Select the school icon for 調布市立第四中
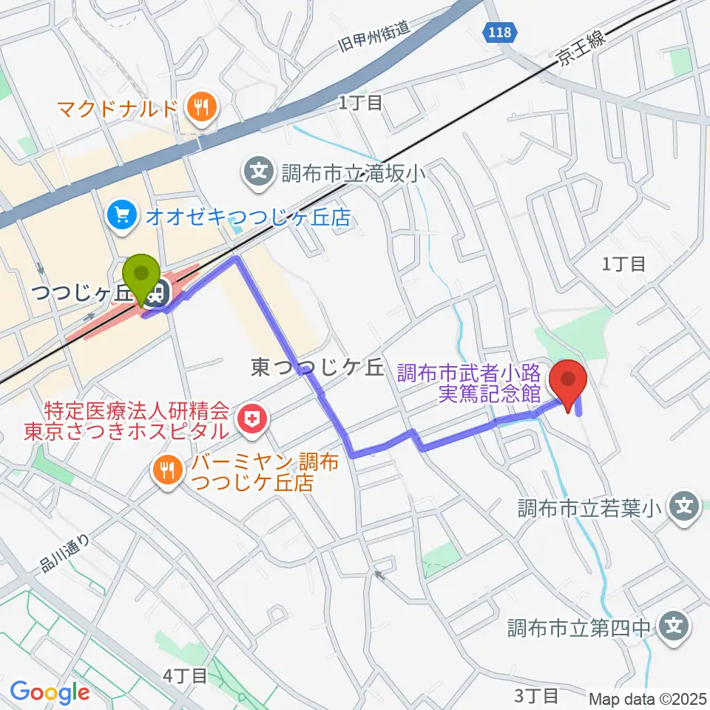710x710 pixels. point(674,628)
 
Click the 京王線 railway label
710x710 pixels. point(581,55)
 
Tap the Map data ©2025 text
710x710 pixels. point(648,698)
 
